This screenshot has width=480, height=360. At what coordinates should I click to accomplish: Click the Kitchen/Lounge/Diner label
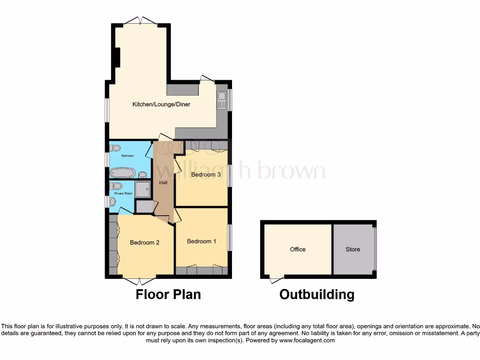point(161,104)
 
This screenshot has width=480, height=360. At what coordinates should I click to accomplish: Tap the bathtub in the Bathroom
point(123,173)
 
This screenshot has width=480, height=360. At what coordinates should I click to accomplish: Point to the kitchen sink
point(221,99)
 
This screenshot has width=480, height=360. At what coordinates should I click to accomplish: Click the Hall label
point(163,182)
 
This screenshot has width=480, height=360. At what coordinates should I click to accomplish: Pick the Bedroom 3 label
point(206,174)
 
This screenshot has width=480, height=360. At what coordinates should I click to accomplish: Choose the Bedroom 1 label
point(202,241)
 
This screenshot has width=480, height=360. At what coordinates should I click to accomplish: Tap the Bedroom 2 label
point(145,243)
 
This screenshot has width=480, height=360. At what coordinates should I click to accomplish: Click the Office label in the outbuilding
point(298,249)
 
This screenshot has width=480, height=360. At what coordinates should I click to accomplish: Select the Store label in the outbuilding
point(353,249)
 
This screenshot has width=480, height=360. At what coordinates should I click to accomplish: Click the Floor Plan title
point(168,294)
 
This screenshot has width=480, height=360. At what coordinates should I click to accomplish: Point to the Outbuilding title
point(317,294)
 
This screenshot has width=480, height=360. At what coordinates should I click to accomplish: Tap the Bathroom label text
point(127,156)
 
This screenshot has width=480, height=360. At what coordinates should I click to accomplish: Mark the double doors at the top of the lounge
point(140,21)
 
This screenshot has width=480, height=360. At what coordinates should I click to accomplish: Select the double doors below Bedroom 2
point(140,280)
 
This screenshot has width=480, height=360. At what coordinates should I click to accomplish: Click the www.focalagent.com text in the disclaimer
point(307,340)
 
